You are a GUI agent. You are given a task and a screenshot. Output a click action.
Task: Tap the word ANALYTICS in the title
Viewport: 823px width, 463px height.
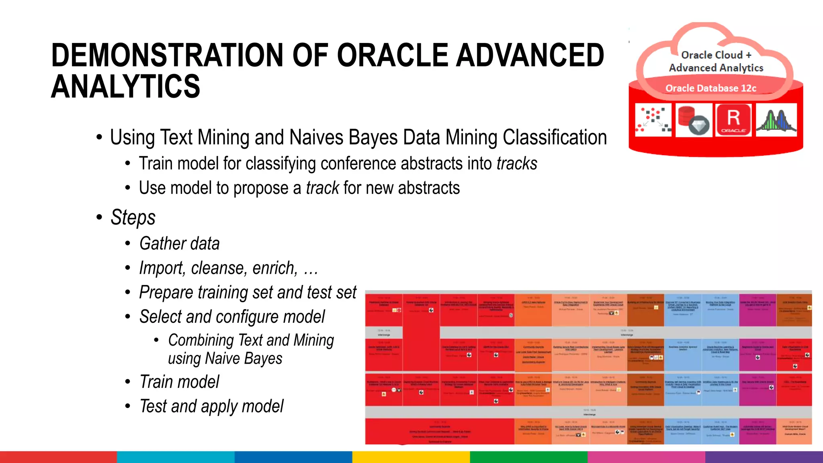pyautogui.click(x=125, y=86)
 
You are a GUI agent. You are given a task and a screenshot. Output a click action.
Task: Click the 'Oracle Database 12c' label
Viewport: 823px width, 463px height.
pyautogui.click(x=710, y=88)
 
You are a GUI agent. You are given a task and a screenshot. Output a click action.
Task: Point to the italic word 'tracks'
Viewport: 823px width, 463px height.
pyautogui.click(x=516, y=164)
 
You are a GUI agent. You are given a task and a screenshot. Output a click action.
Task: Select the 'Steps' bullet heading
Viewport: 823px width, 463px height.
pyautogui.click(x=133, y=217)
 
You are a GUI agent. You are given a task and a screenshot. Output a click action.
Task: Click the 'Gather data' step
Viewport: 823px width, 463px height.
pyautogui.click(x=179, y=244)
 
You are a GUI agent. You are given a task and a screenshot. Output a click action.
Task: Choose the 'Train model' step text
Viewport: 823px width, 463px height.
pyautogui.click(x=179, y=382)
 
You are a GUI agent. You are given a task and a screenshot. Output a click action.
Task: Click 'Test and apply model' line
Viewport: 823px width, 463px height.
pyautogui.click(x=211, y=406)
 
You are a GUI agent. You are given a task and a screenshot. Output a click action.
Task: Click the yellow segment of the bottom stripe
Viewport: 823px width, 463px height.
pyautogui.click(x=411, y=457)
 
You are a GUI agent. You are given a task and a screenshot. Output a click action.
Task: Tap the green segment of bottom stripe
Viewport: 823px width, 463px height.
pyautogui.click(x=528, y=457)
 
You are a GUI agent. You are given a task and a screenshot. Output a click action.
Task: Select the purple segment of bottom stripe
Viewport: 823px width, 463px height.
pyautogui.click(x=764, y=457)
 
